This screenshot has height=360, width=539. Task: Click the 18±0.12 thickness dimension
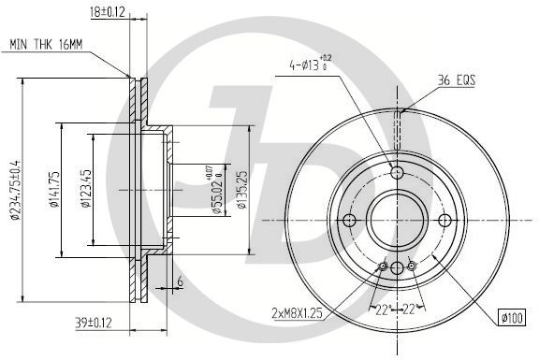point(108,12)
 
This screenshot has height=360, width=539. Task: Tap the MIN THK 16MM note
point(46,44)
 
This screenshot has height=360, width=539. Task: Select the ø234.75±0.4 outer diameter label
point(16,190)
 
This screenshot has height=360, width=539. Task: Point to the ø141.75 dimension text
point(55,189)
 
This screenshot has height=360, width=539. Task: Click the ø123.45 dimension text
point(86,189)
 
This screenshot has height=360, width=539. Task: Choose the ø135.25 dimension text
point(242,190)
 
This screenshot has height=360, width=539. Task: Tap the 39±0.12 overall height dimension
point(94,323)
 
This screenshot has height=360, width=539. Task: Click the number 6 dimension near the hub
point(180,281)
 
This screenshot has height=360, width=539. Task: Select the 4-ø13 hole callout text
point(308,64)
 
